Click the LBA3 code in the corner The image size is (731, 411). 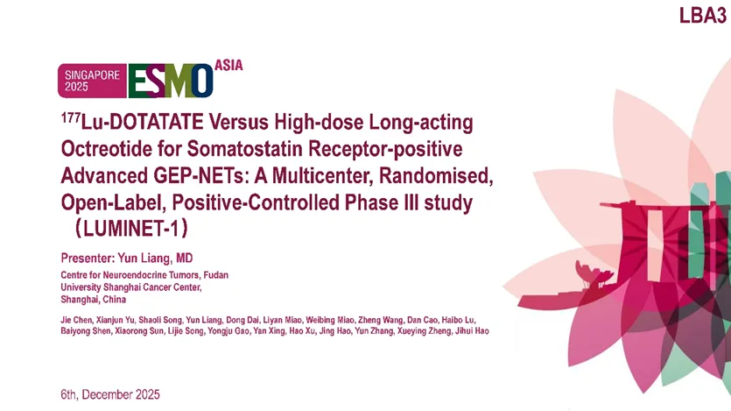(x=703, y=16)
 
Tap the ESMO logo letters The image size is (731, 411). (x=171, y=81)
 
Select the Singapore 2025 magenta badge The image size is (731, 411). (x=92, y=81)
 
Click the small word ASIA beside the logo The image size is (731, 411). (x=228, y=66)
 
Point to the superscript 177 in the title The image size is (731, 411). (x=71, y=117)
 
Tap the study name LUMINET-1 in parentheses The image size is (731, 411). (x=132, y=229)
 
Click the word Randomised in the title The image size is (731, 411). (x=435, y=176)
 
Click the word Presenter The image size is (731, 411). (x=88, y=259)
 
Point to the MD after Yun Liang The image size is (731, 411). (x=184, y=259)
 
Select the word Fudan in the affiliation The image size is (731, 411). (x=216, y=275)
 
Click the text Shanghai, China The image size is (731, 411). (x=94, y=300)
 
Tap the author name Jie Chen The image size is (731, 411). (x=76, y=320)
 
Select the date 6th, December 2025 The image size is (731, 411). (x=110, y=394)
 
